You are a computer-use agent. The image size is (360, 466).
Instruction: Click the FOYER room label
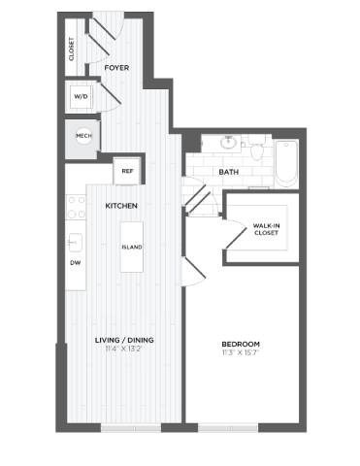pyautogui.click(x=117, y=68)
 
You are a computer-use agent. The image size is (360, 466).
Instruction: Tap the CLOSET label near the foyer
pyautogui.click(x=71, y=49)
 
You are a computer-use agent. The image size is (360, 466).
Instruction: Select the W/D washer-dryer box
pyautogui.click(x=81, y=97)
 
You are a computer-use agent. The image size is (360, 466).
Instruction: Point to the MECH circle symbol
pyautogui.click(x=83, y=137)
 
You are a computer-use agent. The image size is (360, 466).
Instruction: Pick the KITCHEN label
pyautogui.click(x=121, y=207)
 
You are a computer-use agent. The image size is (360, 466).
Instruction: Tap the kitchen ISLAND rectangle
pyautogui.click(x=132, y=247)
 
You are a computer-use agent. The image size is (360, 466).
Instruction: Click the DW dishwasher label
pyautogui.click(x=75, y=263)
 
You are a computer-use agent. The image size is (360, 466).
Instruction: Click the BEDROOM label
pyautogui.click(x=241, y=345)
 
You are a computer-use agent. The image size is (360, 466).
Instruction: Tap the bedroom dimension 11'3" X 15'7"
pyautogui.click(x=241, y=353)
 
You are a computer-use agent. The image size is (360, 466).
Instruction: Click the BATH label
pyautogui.click(x=229, y=173)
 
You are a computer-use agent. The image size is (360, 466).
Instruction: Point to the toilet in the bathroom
pyautogui.click(x=257, y=150)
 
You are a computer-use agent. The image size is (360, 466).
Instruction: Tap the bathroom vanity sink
pyautogui.click(x=229, y=143)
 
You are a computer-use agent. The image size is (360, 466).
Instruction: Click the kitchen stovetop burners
pyautogui.click(x=75, y=205)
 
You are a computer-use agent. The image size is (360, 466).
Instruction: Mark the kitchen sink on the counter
pyautogui.click(x=73, y=241)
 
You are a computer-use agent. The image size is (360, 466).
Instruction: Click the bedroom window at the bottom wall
pyautogui.click(x=229, y=427)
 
